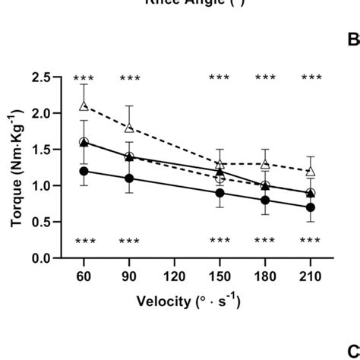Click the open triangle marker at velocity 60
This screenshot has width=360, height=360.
point(84,106)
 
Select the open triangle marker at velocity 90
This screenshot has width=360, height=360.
point(129,128)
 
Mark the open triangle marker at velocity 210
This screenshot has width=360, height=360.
point(310,171)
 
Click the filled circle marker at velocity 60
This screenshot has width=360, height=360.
point(84,171)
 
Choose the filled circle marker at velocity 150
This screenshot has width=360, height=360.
point(219,193)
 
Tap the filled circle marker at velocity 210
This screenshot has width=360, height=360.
point(310,207)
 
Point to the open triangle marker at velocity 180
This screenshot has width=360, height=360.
point(265,164)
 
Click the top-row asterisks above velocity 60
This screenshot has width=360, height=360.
point(84,79)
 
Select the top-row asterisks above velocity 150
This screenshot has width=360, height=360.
point(219,79)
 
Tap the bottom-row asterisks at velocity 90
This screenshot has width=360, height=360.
point(129,242)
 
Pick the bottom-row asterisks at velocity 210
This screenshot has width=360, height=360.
point(310,242)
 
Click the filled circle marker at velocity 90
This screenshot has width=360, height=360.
point(129,178)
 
